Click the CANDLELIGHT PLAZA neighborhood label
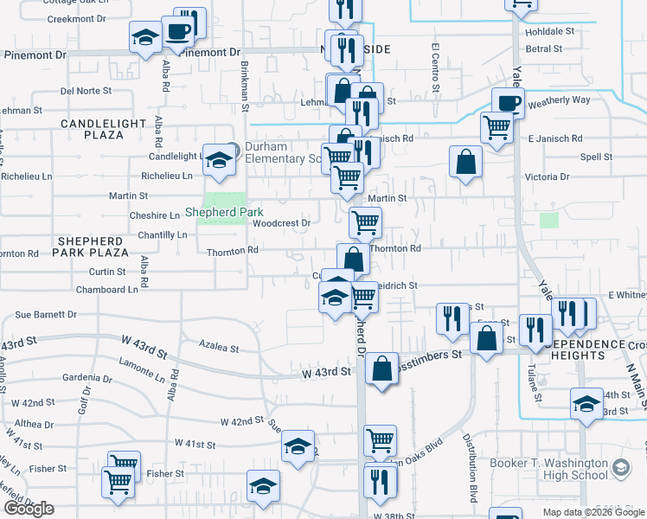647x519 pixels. (x=103, y=130)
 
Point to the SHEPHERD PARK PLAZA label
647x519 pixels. (x=89, y=246)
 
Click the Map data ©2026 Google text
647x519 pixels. (x=593, y=512)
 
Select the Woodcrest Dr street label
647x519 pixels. (x=281, y=222)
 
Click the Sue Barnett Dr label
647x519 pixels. (x=42, y=315)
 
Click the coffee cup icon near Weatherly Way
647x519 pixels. (x=508, y=103)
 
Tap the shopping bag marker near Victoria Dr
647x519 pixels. (x=465, y=162)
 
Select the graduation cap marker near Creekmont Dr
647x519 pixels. (x=144, y=37)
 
